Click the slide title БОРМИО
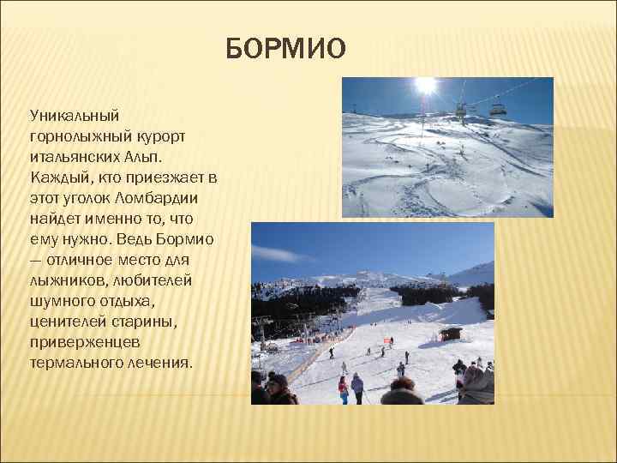point(286,50)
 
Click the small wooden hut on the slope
point(450,333)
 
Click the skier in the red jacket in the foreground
point(344,388)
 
